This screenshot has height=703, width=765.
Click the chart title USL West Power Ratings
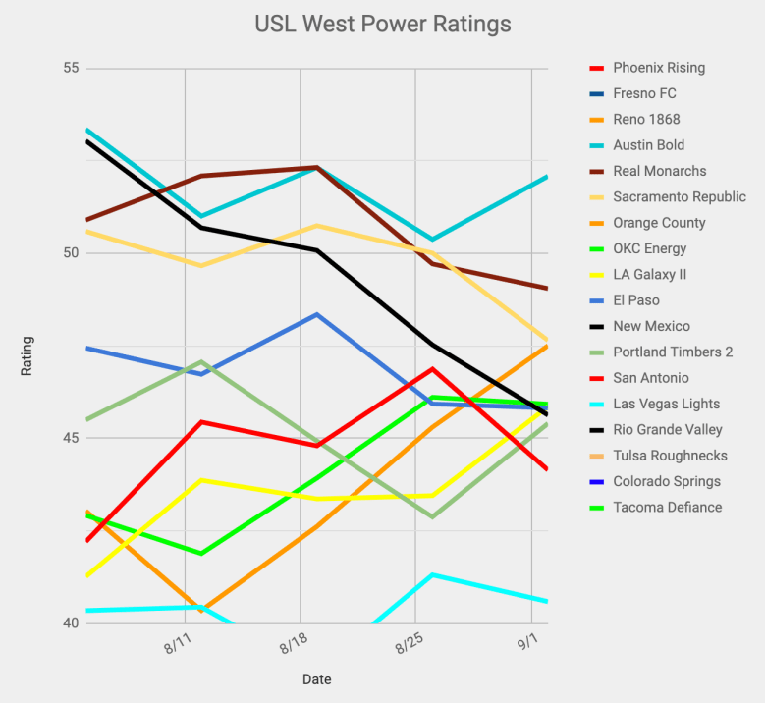(382, 22)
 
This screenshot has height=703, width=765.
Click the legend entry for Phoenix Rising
(658, 68)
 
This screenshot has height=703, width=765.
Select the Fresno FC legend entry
(643, 93)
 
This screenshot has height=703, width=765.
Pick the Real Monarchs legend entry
(659, 171)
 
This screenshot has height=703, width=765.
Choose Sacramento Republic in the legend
(679, 196)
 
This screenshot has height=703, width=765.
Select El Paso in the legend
(635, 300)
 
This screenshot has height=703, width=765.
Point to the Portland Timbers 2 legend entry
(673, 351)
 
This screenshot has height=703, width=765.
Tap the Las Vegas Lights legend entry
(666, 404)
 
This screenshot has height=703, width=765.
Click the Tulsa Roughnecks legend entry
(670, 456)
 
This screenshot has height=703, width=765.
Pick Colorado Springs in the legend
(666, 481)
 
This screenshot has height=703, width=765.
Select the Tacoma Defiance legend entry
(667, 507)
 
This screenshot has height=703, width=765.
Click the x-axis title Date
(316, 679)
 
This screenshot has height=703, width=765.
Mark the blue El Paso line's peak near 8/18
(316, 314)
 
